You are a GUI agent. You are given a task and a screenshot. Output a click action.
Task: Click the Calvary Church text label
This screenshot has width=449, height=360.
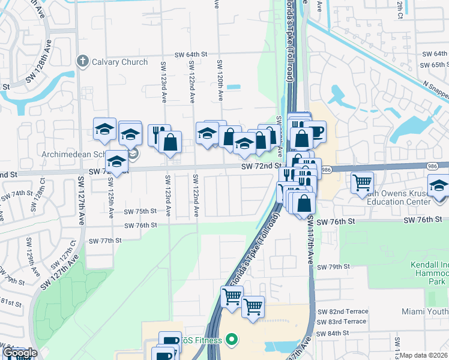[x=119, y=61]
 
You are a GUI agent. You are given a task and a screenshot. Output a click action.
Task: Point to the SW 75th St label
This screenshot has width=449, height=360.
[x=140, y=211]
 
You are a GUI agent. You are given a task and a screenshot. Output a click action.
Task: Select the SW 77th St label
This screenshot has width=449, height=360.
[x=105, y=241]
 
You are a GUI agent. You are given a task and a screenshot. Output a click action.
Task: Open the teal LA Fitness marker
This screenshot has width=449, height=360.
[x=232, y=340]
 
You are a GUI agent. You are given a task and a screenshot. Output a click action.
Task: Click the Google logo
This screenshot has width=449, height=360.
[x=19, y=353]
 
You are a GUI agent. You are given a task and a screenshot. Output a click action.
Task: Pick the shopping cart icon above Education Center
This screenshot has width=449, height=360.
[x=362, y=182]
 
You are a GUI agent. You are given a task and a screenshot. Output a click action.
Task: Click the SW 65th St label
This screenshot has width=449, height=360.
[x=433, y=65]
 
